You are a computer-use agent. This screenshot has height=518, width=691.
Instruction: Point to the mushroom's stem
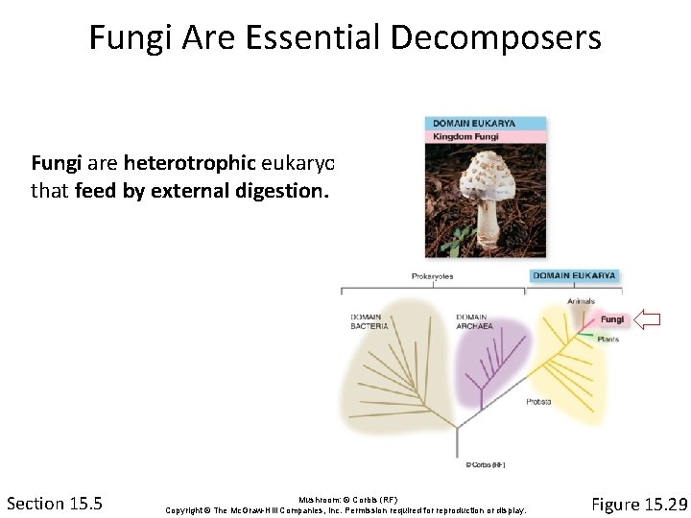[x=489, y=221]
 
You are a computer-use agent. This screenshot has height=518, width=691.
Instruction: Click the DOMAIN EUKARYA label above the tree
[x=574, y=276]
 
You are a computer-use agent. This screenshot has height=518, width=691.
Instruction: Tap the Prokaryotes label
[x=432, y=276]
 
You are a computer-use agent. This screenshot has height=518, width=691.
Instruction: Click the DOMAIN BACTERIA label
[x=369, y=321]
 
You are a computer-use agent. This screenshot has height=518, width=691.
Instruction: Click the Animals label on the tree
[x=581, y=301]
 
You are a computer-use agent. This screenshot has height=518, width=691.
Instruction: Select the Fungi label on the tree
[x=611, y=319]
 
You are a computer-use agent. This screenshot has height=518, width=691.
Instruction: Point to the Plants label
[x=608, y=339]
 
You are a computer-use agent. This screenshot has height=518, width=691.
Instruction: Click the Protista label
[x=538, y=401]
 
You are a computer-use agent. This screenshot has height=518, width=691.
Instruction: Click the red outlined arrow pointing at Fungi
[x=649, y=319]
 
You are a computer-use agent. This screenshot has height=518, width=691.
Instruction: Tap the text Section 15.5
[x=55, y=504]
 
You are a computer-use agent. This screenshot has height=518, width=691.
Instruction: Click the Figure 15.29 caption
[x=638, y=504]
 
